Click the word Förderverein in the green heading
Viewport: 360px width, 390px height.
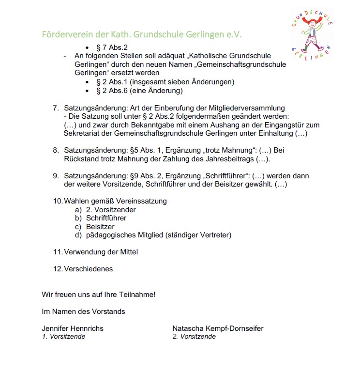tap(65, 35)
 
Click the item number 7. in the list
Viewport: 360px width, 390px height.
tap(56, 108)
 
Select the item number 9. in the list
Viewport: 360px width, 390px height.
tap(56, 176)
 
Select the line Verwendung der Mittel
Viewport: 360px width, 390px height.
tap(101, 252)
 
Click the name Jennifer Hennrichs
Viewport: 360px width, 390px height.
tap(73, 328)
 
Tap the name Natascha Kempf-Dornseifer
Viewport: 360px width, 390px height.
tap(218, 328)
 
